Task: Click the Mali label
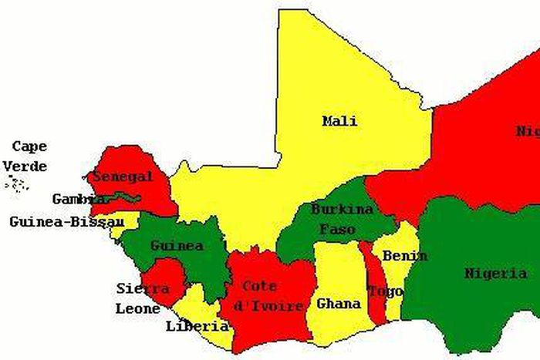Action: (339, 121)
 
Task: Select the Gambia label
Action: (79, 199)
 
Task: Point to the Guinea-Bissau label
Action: (66, 222)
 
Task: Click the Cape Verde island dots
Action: (17, 183)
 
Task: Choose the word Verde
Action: (25, 166)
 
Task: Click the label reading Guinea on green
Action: (177, 246)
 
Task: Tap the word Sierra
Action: (143, 288)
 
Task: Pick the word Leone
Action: (138, 308)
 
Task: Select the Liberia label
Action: (197, 326)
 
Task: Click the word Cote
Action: (260, 286)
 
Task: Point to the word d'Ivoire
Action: (268, 306)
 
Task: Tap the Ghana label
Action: (339, 304)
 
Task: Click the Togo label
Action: (385, 291)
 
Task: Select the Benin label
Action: (404, 256)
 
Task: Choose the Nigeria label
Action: (495, 274)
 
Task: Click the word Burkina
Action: (342, 209)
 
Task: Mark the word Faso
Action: (337, 229)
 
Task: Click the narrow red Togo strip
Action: (376, 308)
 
